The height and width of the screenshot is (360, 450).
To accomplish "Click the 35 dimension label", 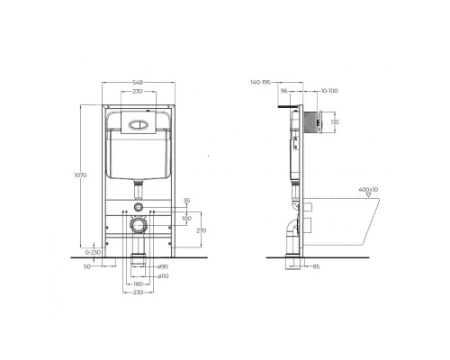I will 187,201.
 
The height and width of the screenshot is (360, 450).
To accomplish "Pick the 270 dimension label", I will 201,230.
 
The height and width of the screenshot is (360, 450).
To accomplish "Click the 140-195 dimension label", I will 262,82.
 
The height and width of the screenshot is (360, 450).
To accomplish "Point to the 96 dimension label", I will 284,91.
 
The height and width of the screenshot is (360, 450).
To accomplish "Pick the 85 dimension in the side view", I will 316,265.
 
